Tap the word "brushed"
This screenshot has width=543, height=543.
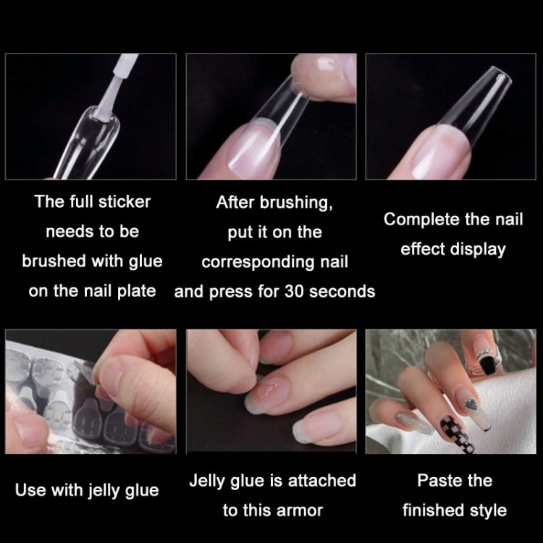click(x=55, y=261)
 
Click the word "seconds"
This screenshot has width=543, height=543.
click(x=342, y=292)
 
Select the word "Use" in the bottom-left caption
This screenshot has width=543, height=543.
click(x=30, y=490)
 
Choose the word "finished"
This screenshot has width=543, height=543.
click(x=434, y=510)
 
